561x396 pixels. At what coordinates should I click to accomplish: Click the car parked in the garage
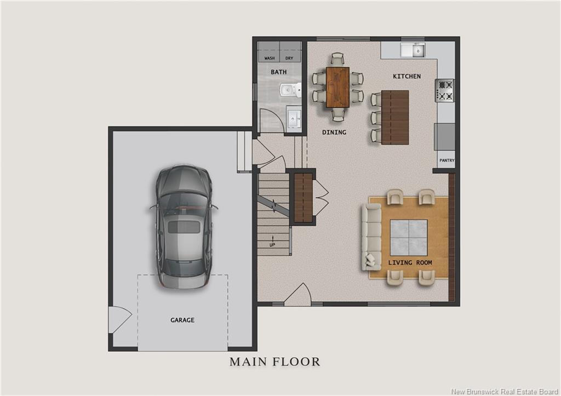pos(183,226)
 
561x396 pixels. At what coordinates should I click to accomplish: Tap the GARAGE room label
pos(182,320)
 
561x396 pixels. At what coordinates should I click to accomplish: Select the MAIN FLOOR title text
pos(274,361)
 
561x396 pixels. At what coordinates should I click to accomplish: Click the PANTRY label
pos(446,160)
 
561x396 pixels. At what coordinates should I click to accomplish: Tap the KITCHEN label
pos(407,76)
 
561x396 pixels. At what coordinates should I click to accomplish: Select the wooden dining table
pos(337,87)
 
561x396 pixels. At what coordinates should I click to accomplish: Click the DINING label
pos(334,133)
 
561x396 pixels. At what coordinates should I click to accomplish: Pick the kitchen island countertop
pos(395,117)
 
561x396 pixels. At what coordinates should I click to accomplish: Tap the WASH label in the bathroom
pos(270,58)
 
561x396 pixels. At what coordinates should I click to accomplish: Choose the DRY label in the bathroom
pos(289,58)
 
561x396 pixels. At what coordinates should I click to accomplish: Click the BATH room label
pos(278,72)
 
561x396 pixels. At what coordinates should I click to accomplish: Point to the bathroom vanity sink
pos(293,117)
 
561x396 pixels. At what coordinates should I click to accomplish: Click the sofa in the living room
pos(371,237)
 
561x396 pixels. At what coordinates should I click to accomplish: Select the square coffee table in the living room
pos(408,237)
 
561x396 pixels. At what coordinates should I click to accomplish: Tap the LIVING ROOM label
pos(410,263)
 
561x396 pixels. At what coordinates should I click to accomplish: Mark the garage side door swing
pos(118,319)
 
